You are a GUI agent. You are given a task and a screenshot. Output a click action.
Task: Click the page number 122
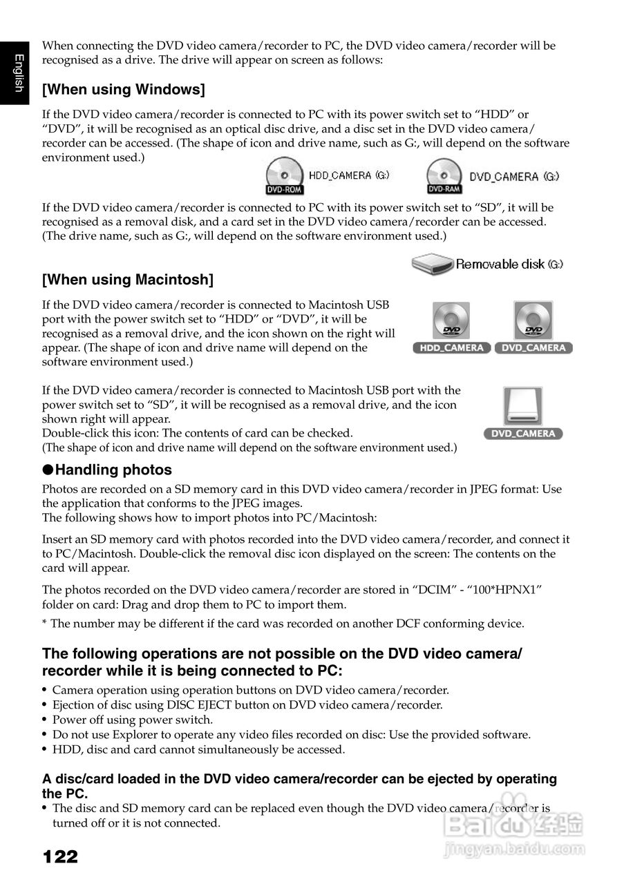point(60,857)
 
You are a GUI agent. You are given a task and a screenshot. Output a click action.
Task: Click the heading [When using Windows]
point(124,90)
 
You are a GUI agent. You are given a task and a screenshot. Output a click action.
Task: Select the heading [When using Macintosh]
point(128,280)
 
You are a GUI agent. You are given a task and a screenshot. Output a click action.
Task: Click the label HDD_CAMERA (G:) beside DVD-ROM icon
point(349,175)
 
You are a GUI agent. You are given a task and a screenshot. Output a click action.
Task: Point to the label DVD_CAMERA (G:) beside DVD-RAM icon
point(514,177)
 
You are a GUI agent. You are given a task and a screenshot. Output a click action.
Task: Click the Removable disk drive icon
point(433,264)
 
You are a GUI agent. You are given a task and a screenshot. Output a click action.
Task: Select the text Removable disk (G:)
point(509,264)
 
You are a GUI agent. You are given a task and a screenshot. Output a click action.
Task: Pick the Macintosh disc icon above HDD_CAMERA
point(451,320)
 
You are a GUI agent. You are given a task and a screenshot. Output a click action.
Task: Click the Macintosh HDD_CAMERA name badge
point(452,348)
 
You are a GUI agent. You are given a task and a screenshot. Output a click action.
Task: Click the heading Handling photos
point(113,470)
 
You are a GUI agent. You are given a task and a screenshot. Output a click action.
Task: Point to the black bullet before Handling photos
point(48,470)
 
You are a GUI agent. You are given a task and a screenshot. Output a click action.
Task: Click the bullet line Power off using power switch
point(133,719)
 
